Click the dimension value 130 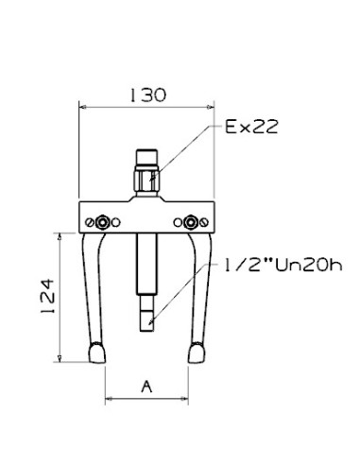pos(147,95)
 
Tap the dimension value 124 pos(48,296)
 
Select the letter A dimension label pos(146,387)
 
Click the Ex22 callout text pos(251,127)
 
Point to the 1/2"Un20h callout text pos(283,266)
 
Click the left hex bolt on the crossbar pos(102,222)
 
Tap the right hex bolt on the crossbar pos(190,222)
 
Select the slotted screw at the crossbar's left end pos(89,223)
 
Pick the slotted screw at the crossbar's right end pos(204,223)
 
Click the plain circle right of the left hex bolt pos(116,223)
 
